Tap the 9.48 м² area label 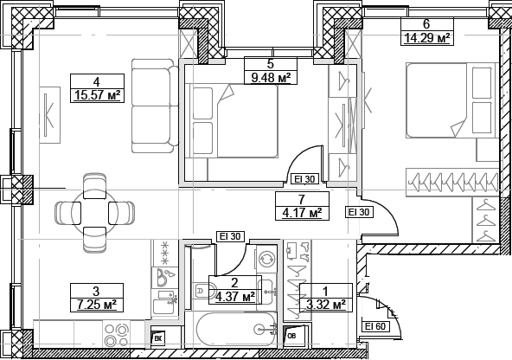tap(270, 77)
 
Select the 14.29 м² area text tap(426, 37)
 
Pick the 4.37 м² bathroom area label tap(234, 297)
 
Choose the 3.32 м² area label tap(326, 305)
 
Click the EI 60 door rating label tap(374, 326)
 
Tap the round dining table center tap(95, 210)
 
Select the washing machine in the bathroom tap(266, 259)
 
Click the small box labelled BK tap(157, 339)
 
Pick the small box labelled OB tap(291, 335)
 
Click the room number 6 tap(426, 24)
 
